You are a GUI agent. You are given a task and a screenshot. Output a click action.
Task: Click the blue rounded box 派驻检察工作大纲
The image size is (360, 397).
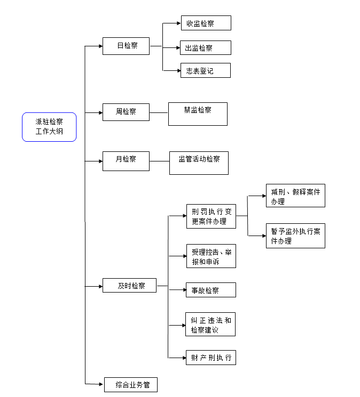pos(49,127)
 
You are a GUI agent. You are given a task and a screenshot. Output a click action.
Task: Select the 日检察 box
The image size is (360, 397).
pos(126,46)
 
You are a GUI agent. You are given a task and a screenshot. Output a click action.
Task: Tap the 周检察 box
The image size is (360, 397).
pos(126,112)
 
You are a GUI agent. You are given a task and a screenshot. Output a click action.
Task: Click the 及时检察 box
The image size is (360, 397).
pos(131,286)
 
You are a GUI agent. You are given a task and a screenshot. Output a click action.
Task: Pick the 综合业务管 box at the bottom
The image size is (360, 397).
pos(130,384)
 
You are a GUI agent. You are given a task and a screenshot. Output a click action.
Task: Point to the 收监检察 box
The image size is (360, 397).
pos(205,23)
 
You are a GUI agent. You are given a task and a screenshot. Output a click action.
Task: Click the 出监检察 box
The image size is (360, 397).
pos(205,47)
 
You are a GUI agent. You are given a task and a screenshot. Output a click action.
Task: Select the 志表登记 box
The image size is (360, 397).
pos(205,70)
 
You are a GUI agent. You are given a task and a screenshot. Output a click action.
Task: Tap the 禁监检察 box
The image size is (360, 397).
pos(198,114)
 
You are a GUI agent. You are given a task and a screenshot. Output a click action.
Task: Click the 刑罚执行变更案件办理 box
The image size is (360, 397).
pos(211,216)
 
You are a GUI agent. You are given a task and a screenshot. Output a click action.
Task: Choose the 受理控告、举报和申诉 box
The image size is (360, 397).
pos(210,256)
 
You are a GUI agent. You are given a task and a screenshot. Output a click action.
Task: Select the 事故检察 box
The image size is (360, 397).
pos(210,290)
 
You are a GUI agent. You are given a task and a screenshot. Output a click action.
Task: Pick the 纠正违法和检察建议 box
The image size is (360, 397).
pos(210,325)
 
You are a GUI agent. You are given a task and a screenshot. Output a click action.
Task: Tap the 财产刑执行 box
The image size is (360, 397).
pos(210,357)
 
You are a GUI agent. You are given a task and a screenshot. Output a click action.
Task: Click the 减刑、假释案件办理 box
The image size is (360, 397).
pos(295,196)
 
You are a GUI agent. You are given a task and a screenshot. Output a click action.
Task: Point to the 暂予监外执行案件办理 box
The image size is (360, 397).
pos(295,236)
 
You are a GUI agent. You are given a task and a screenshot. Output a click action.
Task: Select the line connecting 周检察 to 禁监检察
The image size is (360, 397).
pos(159,112)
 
